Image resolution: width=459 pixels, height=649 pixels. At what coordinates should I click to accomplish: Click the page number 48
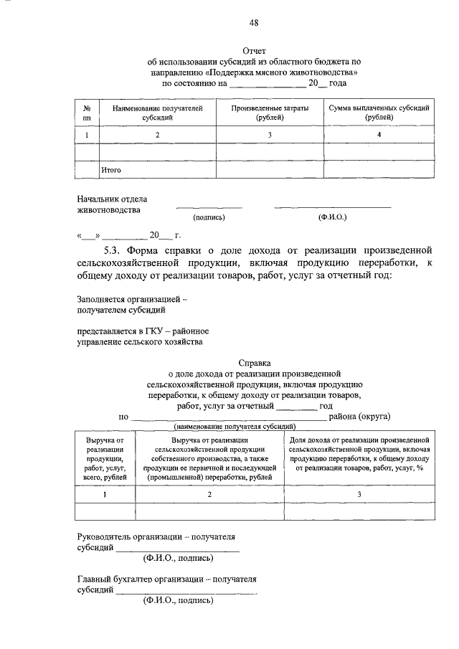coord(254,22)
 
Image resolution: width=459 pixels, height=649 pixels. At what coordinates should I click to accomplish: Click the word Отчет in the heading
coord(254,52)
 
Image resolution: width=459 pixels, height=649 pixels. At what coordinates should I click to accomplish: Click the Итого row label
coord(110,171)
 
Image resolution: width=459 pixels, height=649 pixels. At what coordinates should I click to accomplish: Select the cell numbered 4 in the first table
coord(379,135)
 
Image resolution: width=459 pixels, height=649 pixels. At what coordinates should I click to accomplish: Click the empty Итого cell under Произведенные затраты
coord(270,171)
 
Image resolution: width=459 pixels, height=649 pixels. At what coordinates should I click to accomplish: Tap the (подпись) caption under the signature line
coord(209,217)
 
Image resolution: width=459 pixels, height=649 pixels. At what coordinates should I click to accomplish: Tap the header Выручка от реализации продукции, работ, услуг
coord(105,458)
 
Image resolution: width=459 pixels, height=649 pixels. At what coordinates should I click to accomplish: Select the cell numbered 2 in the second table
coord(209,495)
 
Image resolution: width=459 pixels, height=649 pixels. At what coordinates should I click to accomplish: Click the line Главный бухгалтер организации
coord(166,579)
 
